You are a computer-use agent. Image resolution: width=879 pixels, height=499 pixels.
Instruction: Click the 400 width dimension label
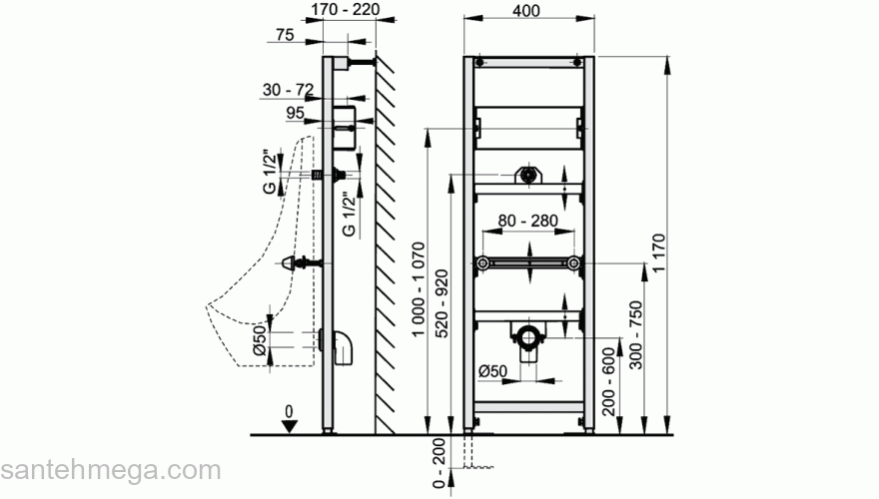tap(526, 11)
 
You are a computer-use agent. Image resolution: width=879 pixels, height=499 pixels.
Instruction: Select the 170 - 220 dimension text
tap(346, 10)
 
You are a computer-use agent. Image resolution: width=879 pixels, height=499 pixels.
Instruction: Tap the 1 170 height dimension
tap(659, 253)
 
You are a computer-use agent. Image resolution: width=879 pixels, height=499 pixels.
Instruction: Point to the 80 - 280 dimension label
tap(528, 221)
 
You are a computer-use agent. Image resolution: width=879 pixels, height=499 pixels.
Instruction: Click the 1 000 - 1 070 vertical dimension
tap(420, 289)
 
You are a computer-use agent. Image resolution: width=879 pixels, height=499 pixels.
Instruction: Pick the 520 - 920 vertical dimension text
tap(442, 304)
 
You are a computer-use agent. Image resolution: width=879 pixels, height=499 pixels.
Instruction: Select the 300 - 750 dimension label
tap(635, 335)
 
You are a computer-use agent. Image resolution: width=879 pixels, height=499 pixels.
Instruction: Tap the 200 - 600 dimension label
tap(608, 382)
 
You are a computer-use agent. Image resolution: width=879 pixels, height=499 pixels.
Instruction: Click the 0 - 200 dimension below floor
tap(439, 463)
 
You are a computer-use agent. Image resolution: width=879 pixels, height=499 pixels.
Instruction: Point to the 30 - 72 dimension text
tap(288, 90)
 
